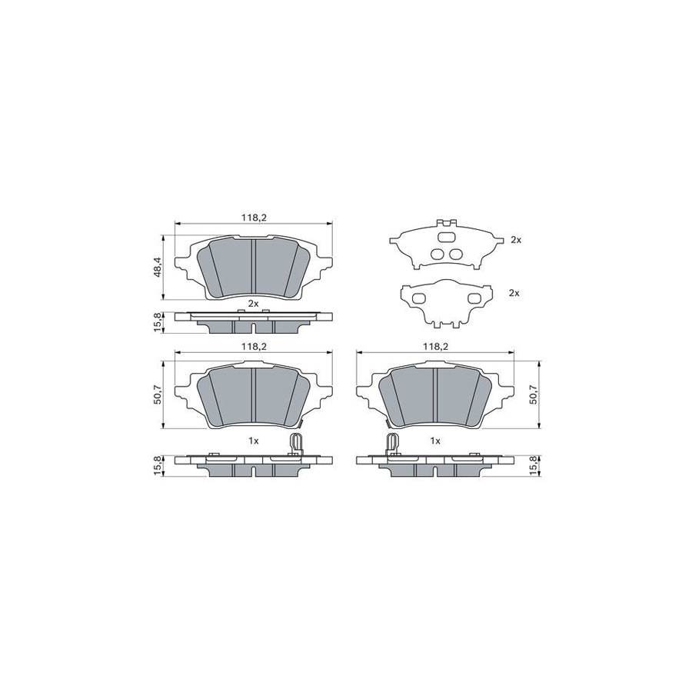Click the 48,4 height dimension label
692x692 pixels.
(x=159, y=266)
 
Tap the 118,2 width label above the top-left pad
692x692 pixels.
(x=254, y=218)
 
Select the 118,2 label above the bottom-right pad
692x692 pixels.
(x=436, y=347)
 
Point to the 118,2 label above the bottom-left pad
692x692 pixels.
(x=254, y=347)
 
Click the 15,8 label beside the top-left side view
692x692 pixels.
(x=159, y=321)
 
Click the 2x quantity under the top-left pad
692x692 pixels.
(x=253, y=302)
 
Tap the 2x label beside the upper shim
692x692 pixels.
(x=515, y=240)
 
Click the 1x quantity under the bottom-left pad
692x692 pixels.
(x=253, y=441)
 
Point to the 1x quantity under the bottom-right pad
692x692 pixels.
(x=434, y=441)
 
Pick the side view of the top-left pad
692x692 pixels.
(x=254, y=321)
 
